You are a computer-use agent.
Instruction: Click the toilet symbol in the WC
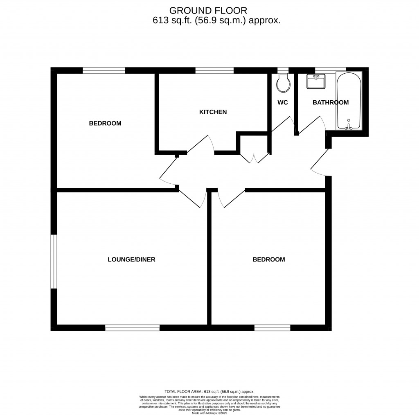click(283, 83)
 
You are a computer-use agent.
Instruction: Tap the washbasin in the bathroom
click(315, 81)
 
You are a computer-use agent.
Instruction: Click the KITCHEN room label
click(213, 112)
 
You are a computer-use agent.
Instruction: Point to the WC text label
click(282, 102)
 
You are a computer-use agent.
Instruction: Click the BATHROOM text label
click(330, 102)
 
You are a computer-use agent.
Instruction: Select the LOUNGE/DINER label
click(131, 259)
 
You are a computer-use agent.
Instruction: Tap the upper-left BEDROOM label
click(105, 123)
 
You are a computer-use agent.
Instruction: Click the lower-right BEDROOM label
click(268, 259)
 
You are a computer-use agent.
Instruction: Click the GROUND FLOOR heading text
click(208, 10)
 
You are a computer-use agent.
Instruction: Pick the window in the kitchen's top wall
click(214, 70)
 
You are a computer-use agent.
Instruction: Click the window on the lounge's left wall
click(54, 261)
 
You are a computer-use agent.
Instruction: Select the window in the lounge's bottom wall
click(132, 327)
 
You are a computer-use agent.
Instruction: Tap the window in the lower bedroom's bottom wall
click(272, 327)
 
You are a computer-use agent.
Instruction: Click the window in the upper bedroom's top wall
click(104, 70)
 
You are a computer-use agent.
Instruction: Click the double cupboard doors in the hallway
click(254, 158)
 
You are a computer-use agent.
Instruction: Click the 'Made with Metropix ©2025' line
click(209, 413)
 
